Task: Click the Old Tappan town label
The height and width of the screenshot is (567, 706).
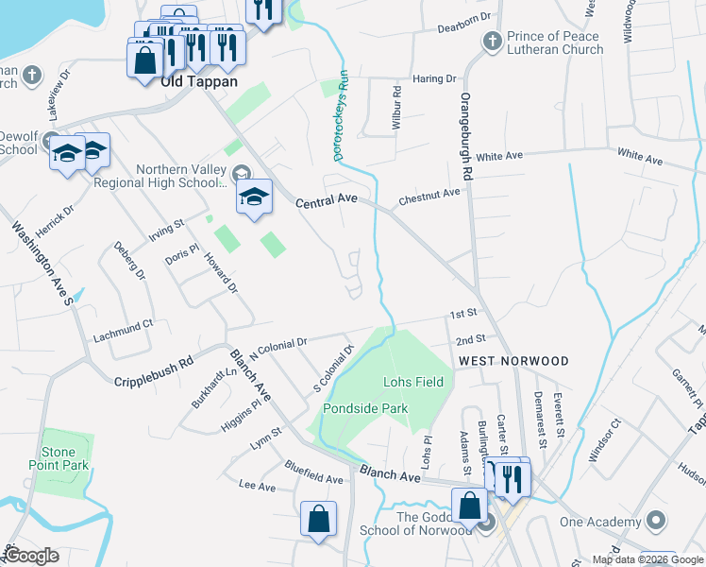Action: click(x=197, y=81)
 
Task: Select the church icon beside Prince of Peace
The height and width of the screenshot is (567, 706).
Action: click(x=491, y=41)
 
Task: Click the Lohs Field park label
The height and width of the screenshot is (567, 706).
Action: click(x=412, y=382)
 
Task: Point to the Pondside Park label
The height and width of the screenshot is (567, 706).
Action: click(x=364, y=408)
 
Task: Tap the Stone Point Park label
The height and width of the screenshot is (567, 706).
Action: click(x=64, y=458)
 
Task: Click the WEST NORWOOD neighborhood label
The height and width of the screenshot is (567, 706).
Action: click(x=513, y=361)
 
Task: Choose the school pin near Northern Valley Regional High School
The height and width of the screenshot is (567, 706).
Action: click(x=254, y=197)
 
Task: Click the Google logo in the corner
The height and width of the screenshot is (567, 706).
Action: click(x=33, y=556)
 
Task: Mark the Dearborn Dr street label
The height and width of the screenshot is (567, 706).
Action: click(x=465, y=17)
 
